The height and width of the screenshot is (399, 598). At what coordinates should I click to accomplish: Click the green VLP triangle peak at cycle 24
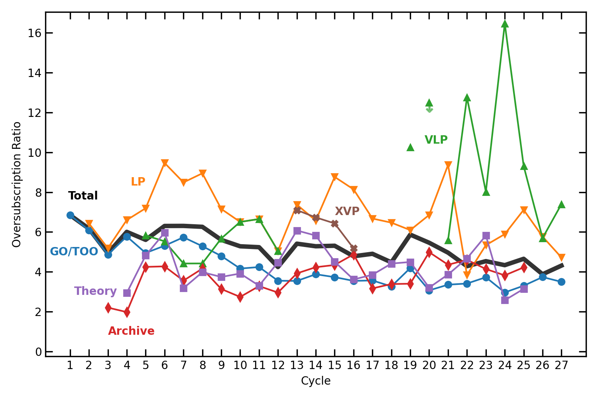click(x=505, y=24)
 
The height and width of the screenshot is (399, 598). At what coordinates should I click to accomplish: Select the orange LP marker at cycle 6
click(x=165, y=163)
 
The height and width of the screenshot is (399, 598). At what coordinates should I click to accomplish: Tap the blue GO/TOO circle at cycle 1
click(x=70, y=215)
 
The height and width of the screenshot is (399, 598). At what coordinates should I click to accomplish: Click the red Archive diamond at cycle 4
click(x=127, y=312)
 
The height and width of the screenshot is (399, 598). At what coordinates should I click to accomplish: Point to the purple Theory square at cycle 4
click(x=127, y=293)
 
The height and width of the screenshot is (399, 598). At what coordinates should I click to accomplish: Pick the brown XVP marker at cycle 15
click(x=334, y=224)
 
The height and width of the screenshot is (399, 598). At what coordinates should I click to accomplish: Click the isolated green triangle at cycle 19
click(x=410, y=147)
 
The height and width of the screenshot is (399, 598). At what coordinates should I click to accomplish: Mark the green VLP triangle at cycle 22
click(x=467, y=98)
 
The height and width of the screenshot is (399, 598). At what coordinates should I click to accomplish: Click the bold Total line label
click(x=83, y=196)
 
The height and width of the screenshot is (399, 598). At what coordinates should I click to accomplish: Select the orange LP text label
click(x=138, y=182)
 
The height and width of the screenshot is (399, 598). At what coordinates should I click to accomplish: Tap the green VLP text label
click(x=436, y=140)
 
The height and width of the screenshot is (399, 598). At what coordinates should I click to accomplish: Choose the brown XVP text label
click(x=347, y=211)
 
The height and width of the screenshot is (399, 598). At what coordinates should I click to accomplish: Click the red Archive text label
click(x=131, y=331)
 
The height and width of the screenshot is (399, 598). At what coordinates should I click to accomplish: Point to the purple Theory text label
click(x=95, y=291)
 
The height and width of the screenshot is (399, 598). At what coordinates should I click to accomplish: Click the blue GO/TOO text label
click(x=74, y=252)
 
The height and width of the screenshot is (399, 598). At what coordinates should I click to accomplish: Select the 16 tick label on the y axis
click(x=35, y=33)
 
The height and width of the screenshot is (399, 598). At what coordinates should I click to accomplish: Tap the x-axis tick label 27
click(x=561, y=365)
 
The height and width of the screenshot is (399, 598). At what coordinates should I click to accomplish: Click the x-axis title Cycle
click(x=316, y=381)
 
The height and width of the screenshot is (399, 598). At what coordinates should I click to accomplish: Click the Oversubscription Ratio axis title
click(x=17, y=184)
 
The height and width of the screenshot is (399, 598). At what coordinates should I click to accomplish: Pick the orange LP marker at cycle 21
click(x=448, y=165)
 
